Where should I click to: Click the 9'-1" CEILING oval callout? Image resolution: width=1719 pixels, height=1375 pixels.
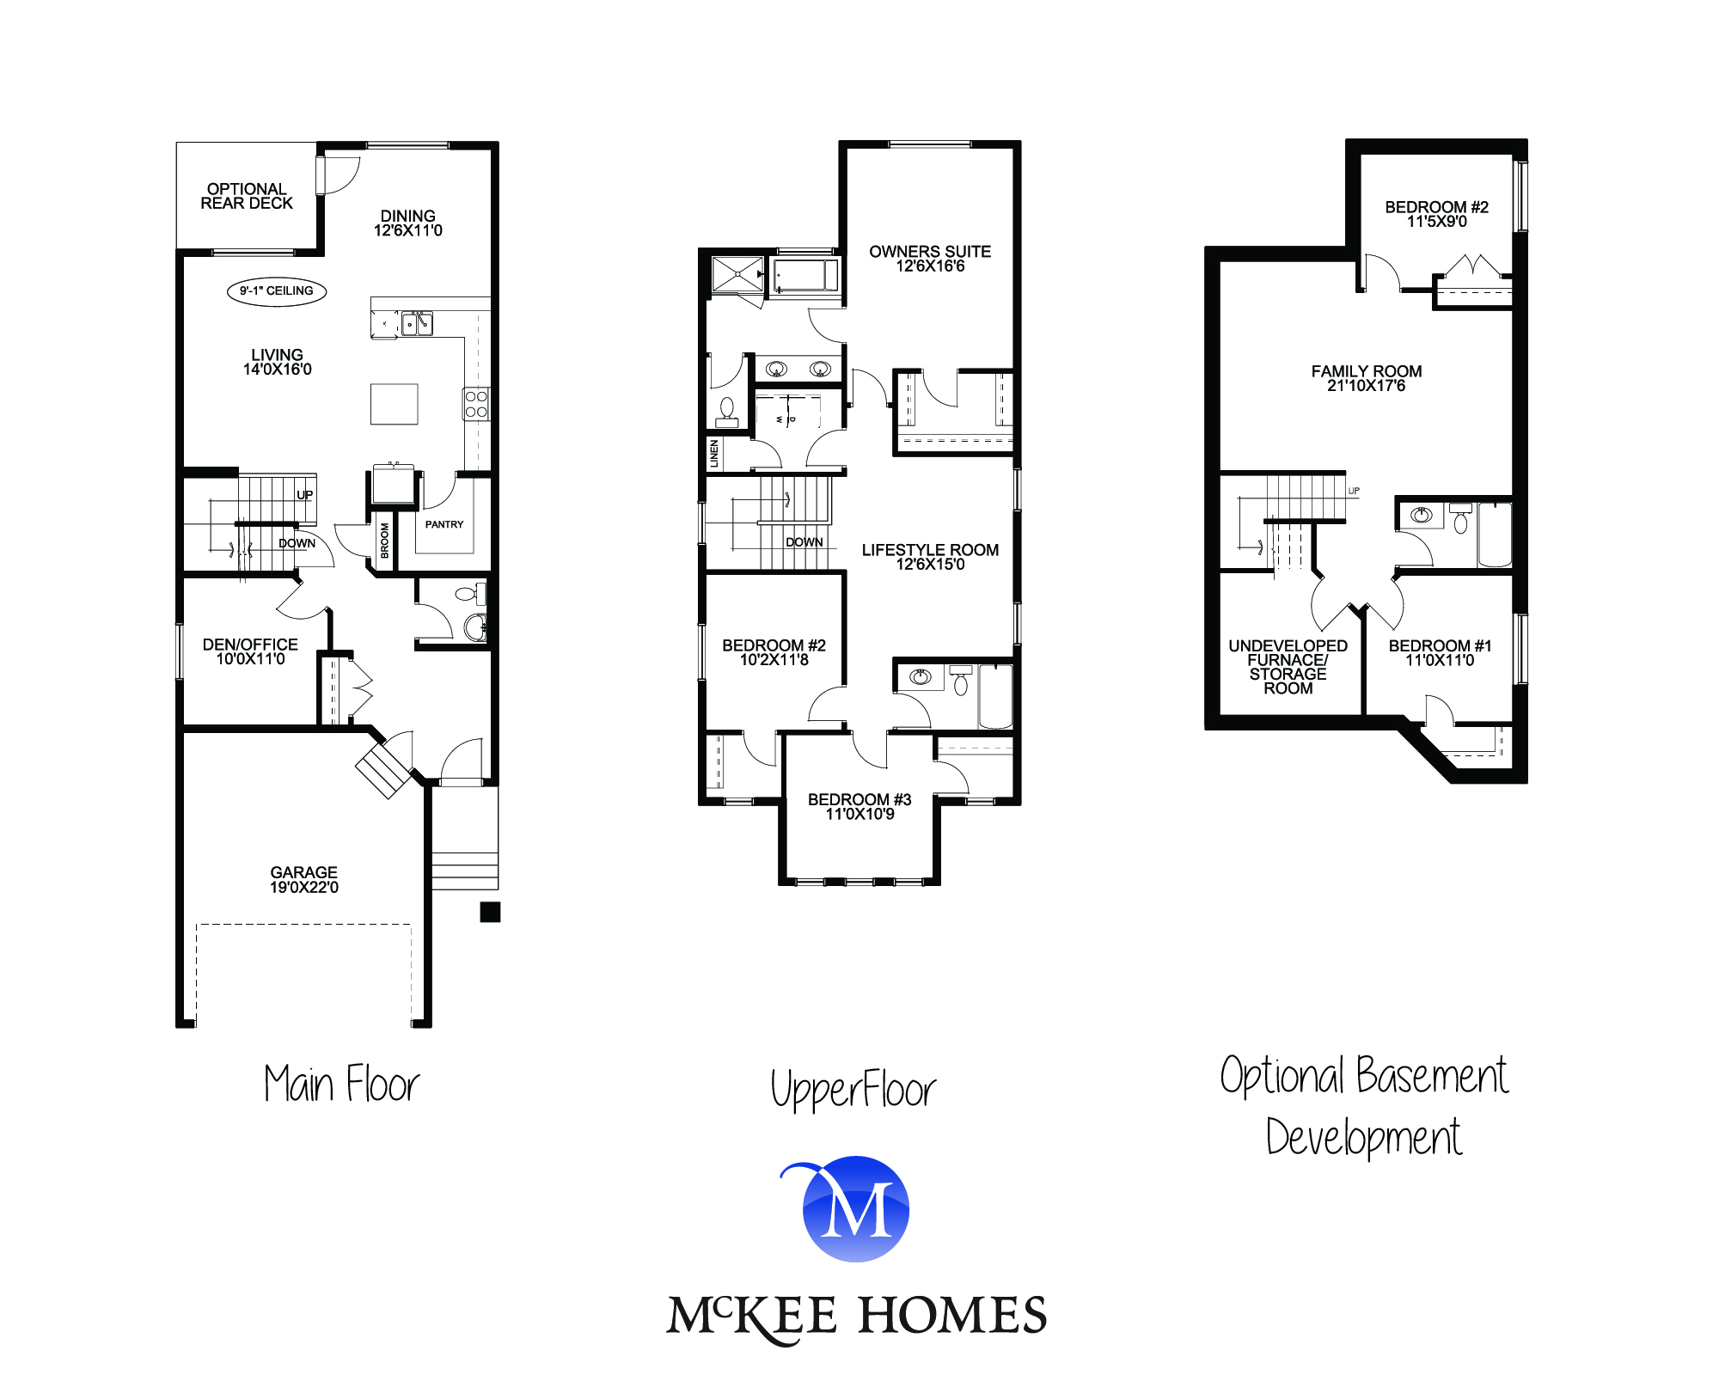(277, 291)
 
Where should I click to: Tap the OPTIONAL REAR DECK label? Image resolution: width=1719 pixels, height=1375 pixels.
(247, 196)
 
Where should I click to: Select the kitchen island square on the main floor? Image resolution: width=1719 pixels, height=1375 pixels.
(395, 404)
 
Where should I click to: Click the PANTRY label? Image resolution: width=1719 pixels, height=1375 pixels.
(444, 524)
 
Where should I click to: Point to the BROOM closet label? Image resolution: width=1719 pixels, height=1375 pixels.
(384, 541)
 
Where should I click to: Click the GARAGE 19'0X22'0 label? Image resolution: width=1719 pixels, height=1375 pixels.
(304, 880)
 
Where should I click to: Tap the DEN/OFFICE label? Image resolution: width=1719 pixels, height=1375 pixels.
(250, 651)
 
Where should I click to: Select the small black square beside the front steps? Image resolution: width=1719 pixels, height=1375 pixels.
(490, 912)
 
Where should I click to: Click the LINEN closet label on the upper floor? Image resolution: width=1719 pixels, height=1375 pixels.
(713, 454)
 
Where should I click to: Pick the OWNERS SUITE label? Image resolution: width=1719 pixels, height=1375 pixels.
(930, 259)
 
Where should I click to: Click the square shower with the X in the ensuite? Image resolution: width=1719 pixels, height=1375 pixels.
(737, 274)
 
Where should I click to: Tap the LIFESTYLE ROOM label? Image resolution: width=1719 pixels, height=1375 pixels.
(930, 557)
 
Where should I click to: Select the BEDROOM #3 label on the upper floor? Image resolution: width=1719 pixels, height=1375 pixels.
(859, 806)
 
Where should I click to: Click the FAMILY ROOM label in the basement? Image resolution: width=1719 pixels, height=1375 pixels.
(1367, 378)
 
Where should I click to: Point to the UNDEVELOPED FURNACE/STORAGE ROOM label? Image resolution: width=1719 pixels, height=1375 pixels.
(1288, 667)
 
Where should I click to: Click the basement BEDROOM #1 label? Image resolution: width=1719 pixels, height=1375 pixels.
(1440, 653)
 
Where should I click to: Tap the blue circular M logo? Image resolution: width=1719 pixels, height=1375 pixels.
(856, 1209)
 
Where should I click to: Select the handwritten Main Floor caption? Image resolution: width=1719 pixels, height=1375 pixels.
(342, 1084)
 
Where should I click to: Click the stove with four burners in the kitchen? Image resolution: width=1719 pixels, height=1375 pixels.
(476, 404)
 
